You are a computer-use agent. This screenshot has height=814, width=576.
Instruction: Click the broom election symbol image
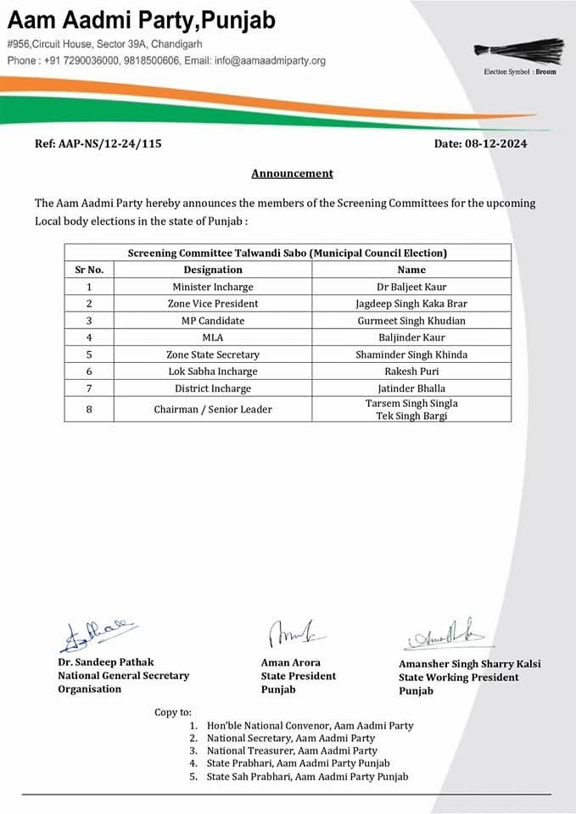click(519, 51)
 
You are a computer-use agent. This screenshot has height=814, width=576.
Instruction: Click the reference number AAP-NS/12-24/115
click(98, 143)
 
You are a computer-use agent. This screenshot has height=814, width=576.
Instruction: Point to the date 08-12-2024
click(480, 143)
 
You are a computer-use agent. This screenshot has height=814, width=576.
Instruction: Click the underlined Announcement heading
click(292, 173)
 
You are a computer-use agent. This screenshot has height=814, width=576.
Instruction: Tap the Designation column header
click(213, 270)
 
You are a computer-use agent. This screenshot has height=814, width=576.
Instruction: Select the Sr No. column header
click(89, 270)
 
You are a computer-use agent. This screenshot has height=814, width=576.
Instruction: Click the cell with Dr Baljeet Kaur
click(411, 287)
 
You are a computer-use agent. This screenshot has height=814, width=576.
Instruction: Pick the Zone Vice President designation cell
click(213, 304)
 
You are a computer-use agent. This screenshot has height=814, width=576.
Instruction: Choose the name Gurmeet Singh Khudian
click(411, 321)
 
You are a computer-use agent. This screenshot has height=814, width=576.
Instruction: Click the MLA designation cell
click(213, 337)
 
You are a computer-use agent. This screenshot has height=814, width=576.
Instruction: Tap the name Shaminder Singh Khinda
click(411, 354)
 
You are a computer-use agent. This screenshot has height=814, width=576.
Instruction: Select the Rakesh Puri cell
click(411, 371)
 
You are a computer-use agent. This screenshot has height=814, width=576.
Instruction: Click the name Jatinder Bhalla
click(411, 388)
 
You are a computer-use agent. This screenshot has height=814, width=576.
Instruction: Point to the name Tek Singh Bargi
click(411, 415)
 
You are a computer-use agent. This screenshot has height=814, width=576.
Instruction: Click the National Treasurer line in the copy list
click(292, 750)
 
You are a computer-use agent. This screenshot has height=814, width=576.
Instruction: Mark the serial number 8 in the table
click(89, 410)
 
